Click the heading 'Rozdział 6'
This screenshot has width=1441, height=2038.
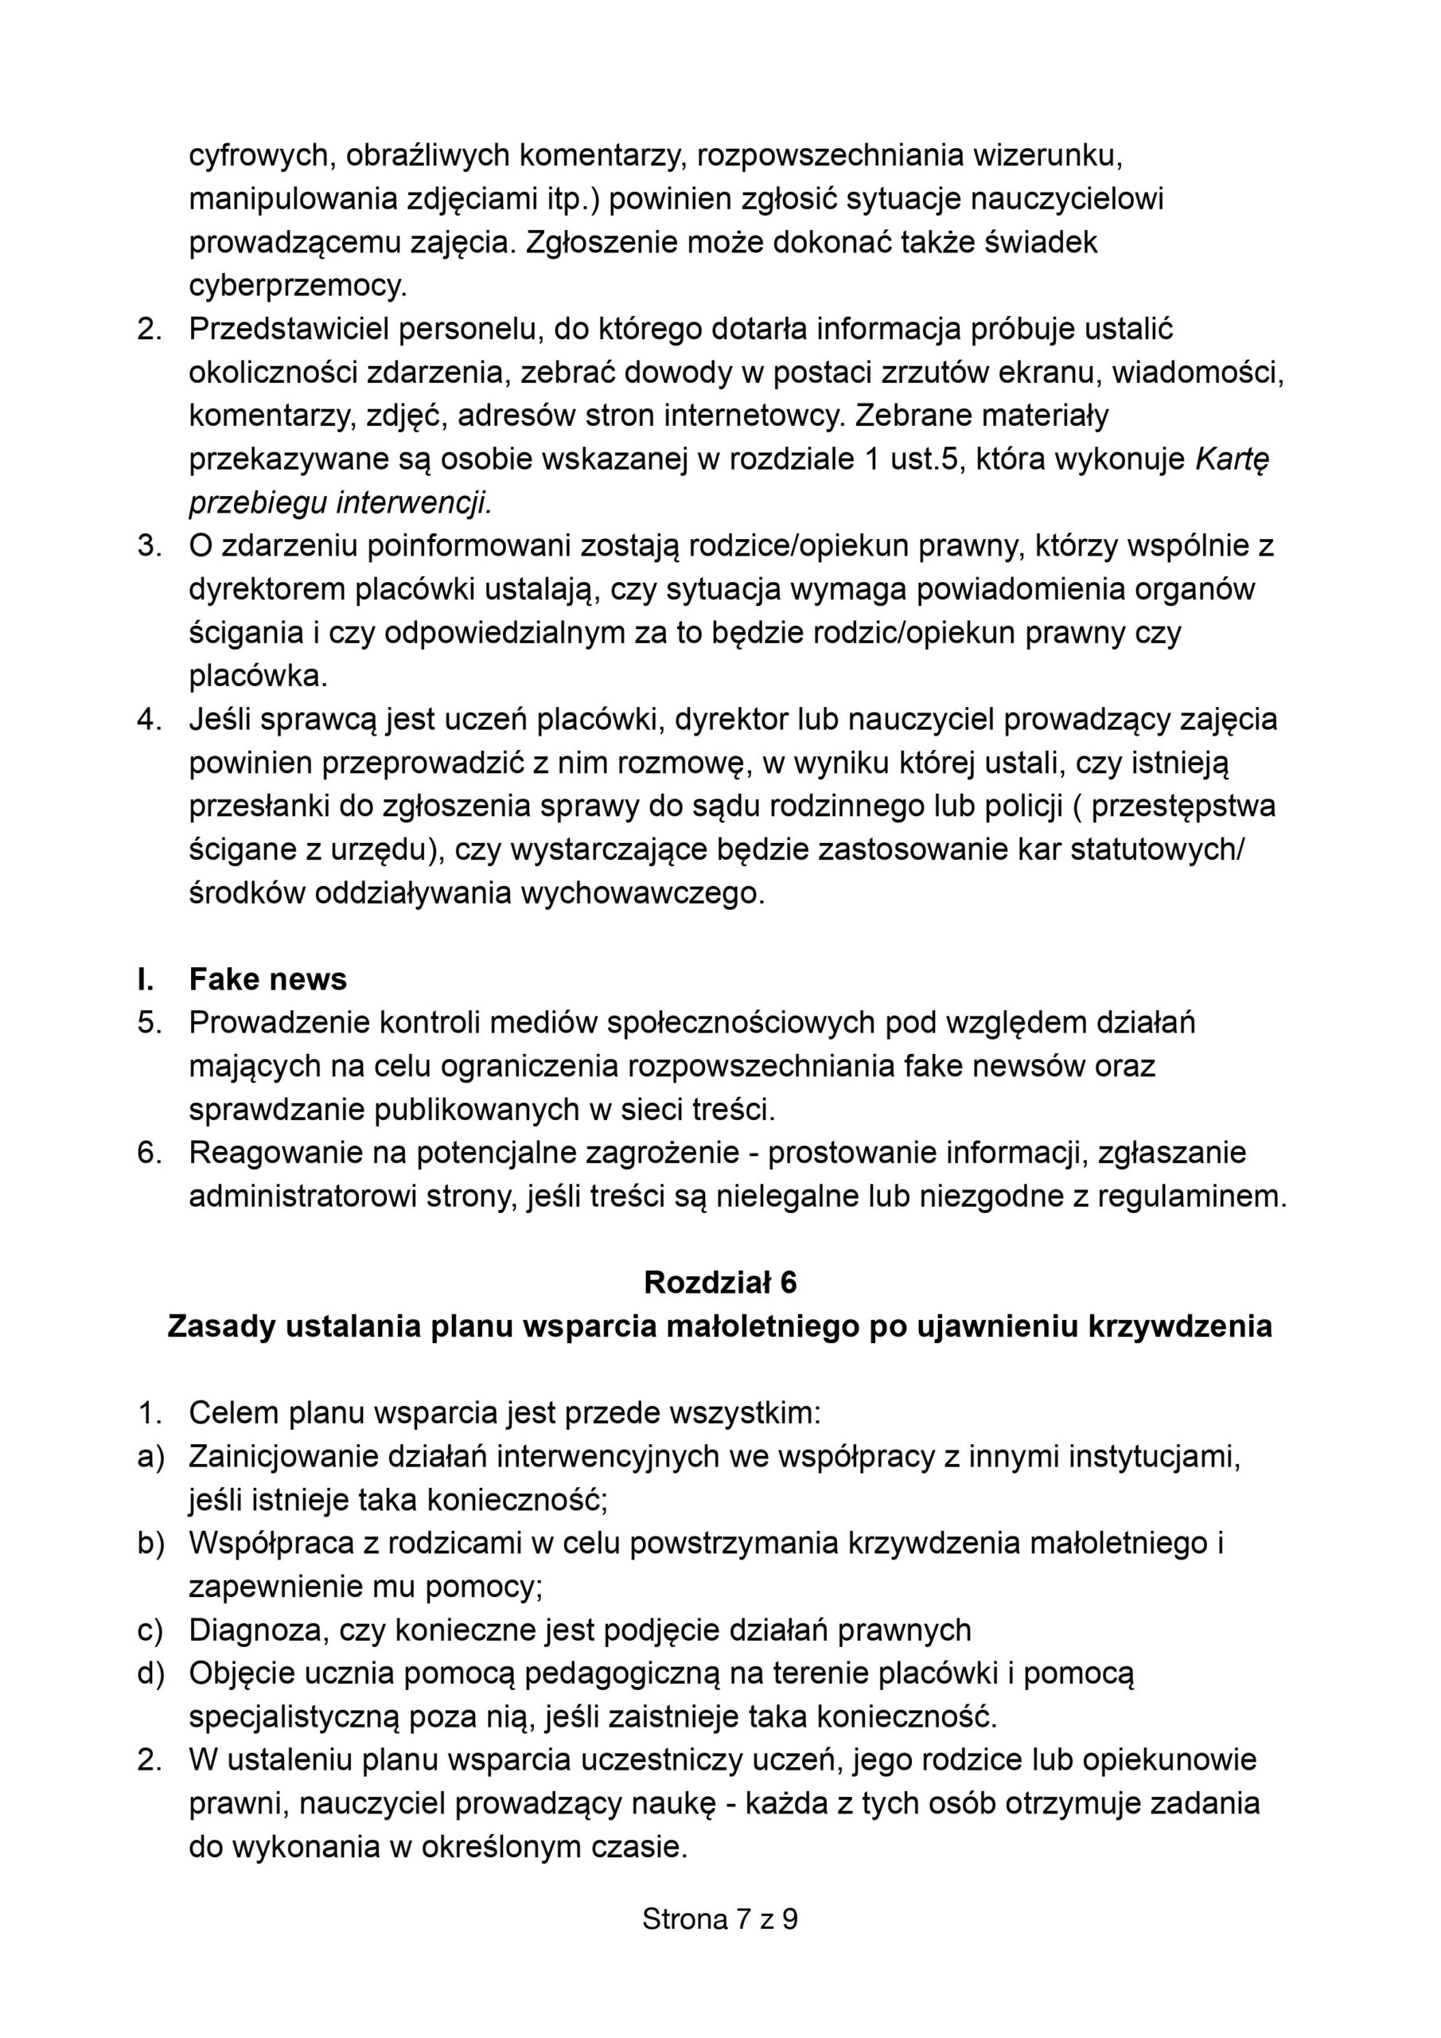click(x=719, y=1283)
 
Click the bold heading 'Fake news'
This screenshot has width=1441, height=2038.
click(x=267, y=979)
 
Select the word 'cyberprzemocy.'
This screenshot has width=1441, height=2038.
click(x=298, y=286)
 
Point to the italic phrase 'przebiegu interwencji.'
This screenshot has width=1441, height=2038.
click(x=340, y=503)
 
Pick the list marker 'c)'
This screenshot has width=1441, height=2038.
click(x=151, y=1630)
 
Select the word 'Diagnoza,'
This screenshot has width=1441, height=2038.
click(x=255, y=1630)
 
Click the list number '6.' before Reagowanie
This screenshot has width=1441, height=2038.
click(x=149, y=1153)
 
